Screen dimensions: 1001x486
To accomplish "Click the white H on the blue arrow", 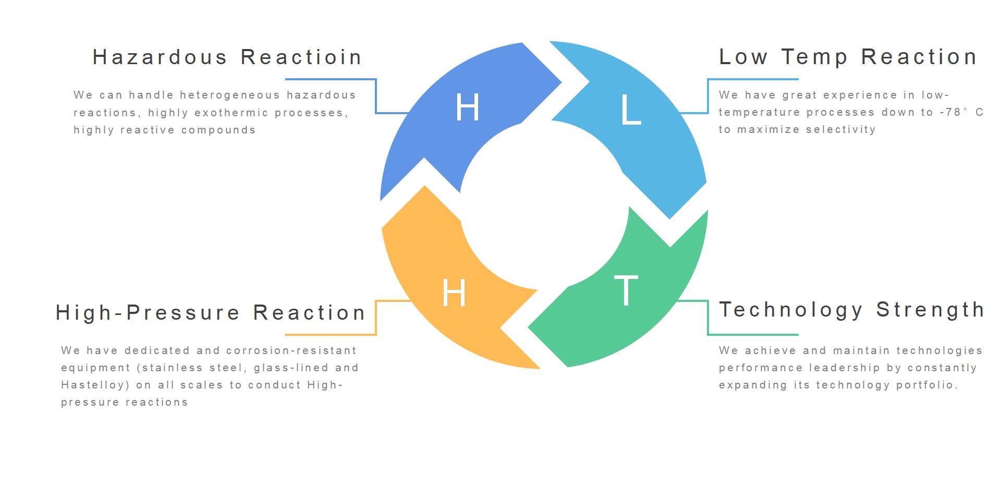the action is tap(467, 107).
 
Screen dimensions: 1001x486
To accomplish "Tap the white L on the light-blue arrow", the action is tap(631, 111).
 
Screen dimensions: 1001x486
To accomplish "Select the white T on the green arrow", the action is tap(626, 290).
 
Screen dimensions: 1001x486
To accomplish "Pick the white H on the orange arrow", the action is tap(454, 293).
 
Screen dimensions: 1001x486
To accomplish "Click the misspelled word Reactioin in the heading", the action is tap(301, 57).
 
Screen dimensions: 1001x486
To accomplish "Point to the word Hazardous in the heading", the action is tap(160, 57).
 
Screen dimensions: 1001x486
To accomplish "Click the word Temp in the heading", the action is tap(814, 57).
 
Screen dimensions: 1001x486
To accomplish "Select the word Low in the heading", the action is tap(743, 57).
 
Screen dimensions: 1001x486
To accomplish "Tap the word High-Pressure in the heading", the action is tap(148, 313).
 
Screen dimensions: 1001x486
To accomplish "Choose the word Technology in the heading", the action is tap(790, 310).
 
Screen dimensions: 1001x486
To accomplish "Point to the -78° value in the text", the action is tap(954, 112).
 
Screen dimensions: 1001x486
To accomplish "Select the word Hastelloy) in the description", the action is tap(95, 385).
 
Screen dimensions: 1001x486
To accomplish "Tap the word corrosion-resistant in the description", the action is tap(291, 350).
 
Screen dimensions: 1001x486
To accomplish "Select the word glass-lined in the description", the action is tap(291, 368).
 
